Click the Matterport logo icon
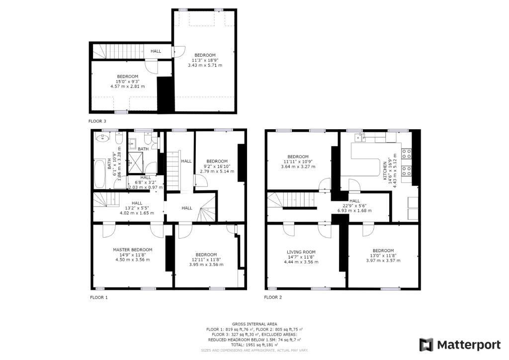click(x=426, y=345)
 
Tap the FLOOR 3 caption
click(x=97, y=121)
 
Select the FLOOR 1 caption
click(x=98, y=297)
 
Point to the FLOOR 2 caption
click(x=273, y=297)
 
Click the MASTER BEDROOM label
click(x=132, y=250)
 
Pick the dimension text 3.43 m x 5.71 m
click(x=205, y=65)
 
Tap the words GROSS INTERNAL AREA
click(x=254, y=324)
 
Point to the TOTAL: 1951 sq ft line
click(x=254, y=345)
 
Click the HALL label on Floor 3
click(x=156, y=51)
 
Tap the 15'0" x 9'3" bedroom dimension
click(x=128, y=82)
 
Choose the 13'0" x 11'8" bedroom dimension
click(x=383, y=256)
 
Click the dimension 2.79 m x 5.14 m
click(x=217, y=172)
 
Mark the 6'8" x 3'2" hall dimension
click(x=146, y=182)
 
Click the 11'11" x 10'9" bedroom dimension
click(x=298, y=162)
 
